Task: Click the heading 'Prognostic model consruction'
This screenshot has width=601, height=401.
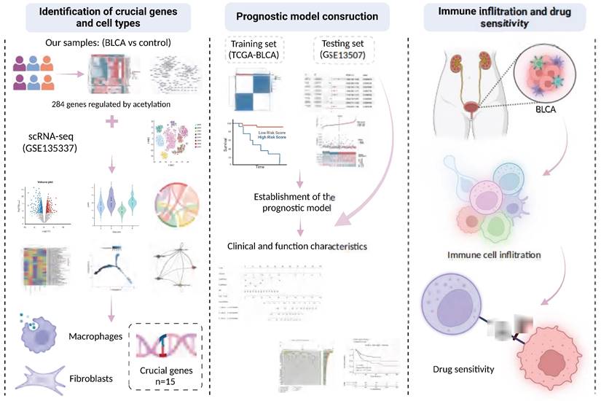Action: click(x=301, y=16)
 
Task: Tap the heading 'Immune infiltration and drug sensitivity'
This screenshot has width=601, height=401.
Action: click(x=503, y=16)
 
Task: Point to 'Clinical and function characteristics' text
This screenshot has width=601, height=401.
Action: click(x=297, y=246)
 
